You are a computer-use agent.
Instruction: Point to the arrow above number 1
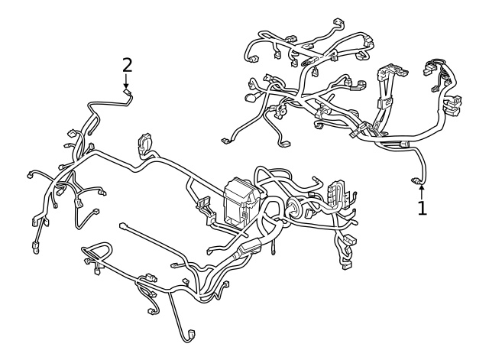(x=421, y=190)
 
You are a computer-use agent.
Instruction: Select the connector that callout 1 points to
(x=418, y=181)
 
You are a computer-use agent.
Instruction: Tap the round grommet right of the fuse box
(x=293, y=210)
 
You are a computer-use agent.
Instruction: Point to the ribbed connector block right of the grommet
(x=336, y=195)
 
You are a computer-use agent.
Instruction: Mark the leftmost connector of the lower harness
(x=30, y=175)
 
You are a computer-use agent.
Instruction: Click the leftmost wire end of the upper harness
(x=225, y=141)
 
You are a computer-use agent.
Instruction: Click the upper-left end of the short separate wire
(x=123, y=225)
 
